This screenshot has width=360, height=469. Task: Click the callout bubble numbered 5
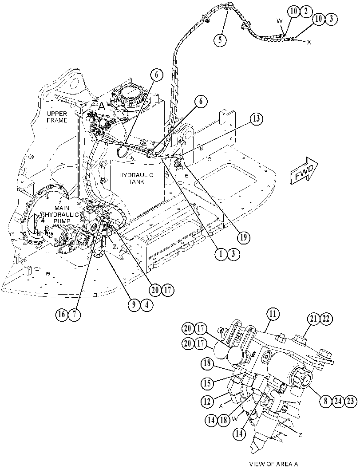[x=220, y=39]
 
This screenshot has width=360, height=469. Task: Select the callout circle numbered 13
[x=257, y=119]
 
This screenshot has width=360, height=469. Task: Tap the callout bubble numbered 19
[x=244, y=237]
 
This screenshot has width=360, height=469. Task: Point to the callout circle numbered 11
[x=272, y=315]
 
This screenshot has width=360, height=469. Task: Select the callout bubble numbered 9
[x=134, y=305]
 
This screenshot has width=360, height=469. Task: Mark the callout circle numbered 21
[x=313, y=319]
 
